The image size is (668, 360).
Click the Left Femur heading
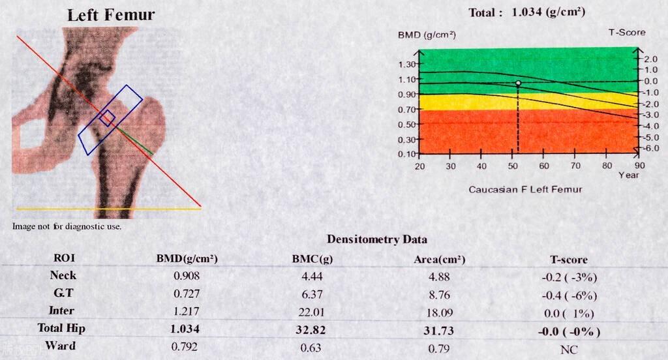pyautogui.click(x=112, y=15)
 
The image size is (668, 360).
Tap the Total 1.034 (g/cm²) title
pyautogui.click(x=526, y=12)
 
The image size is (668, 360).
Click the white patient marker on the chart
pyautogui.click(x=519, y=83)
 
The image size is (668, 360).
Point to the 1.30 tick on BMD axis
pyautogui.click(x=407, y=65)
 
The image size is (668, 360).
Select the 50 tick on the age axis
pyautogui.click(x=512, y=167)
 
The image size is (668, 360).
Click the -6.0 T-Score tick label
pyautogui.click(x=651, y=149)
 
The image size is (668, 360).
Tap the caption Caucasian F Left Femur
pyautogui.click(x=525, y=189)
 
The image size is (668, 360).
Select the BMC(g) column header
pyautogui.click(x=312, y=259)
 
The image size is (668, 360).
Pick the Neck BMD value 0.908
pyautogui.click(x=185, y=277)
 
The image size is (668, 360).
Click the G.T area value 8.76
pyautogui.click(x=440, y=294)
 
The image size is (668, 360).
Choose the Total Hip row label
pyautogui.click(x=62, y=329)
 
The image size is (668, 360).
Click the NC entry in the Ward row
pyautogui.click(x=569, y=350)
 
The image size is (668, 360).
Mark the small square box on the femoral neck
pyautogui.click(x=107, y=118)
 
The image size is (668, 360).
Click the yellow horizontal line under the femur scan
pyautogui.click(x=108, y=209)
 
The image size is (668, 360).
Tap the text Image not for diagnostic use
pyautogui.click(x=67, y=226)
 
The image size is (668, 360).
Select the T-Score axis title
pyautogui.click(x=626, y=33)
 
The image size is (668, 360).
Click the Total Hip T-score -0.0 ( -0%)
pyautogui.click(x=569, y=331)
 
